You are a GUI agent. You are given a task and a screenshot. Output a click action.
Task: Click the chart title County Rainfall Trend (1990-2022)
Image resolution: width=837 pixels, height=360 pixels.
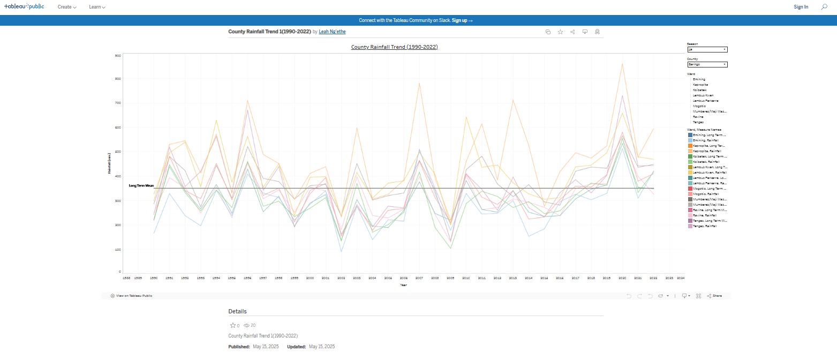click(x=394, y=47)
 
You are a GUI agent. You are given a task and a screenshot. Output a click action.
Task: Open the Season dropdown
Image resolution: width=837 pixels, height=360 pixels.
click(x=707, y=49)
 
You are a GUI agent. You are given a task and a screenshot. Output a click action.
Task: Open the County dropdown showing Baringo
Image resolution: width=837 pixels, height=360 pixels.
click(x=707, y=64)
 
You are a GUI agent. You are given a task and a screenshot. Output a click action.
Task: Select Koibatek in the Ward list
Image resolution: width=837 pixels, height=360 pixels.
click(x=699, y=90)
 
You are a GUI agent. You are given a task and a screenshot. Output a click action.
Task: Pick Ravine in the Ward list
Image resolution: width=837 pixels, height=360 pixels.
click(x=698, y=117)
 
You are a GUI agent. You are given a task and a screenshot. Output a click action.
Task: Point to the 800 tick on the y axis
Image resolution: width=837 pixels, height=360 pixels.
click(x=118, y=79)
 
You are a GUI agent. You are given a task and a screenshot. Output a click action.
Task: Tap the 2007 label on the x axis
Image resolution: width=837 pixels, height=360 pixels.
click(x=419, y=279)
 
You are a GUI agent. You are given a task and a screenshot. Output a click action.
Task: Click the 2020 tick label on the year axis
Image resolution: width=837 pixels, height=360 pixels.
click(x=622, y=279)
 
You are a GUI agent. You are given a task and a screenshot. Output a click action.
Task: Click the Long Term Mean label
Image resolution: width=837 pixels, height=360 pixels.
click(x=141, y=186)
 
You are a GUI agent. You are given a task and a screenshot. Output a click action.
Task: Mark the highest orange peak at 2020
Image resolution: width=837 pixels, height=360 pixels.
click(x=622, y=64)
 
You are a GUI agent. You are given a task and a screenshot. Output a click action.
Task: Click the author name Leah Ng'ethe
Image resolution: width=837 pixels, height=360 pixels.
click(x=332, y=32)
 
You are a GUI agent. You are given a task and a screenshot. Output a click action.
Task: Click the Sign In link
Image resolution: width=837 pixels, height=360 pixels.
click(x=801, y=7)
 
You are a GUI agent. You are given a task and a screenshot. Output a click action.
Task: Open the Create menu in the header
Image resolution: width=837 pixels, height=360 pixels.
click(x=67, y=7)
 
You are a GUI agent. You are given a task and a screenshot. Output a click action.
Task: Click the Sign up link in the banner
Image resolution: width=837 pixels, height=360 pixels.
click(x=462, y=20)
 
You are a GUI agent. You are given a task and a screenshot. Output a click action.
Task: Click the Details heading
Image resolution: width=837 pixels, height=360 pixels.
click(x=237, y=311)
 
